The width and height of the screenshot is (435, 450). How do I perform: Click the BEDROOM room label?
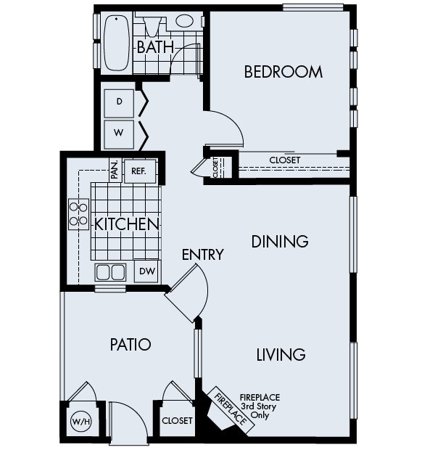(283, 72)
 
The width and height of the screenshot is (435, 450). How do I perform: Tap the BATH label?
(155, 47)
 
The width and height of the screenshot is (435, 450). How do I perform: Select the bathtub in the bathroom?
(116, 42)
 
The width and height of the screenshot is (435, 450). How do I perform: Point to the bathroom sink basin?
(185, 21)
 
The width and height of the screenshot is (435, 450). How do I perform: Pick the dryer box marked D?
(119, 102)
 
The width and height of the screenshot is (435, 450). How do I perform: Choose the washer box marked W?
(119, 134)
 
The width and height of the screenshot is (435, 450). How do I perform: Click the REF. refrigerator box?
(138, 171)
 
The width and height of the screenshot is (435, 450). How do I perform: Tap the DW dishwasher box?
(147, 271)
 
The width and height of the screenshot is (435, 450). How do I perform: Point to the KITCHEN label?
(127, 224)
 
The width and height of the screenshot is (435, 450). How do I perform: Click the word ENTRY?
(202, 255)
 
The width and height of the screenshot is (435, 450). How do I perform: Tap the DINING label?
(280, 241)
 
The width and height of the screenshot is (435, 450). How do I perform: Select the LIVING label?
(281, 355)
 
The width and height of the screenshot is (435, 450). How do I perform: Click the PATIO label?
(130, 344)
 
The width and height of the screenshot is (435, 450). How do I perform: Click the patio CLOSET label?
(178, 421)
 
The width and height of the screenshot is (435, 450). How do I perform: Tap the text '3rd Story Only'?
(260, 411)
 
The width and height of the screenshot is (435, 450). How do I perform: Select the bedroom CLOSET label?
(284, 160)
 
